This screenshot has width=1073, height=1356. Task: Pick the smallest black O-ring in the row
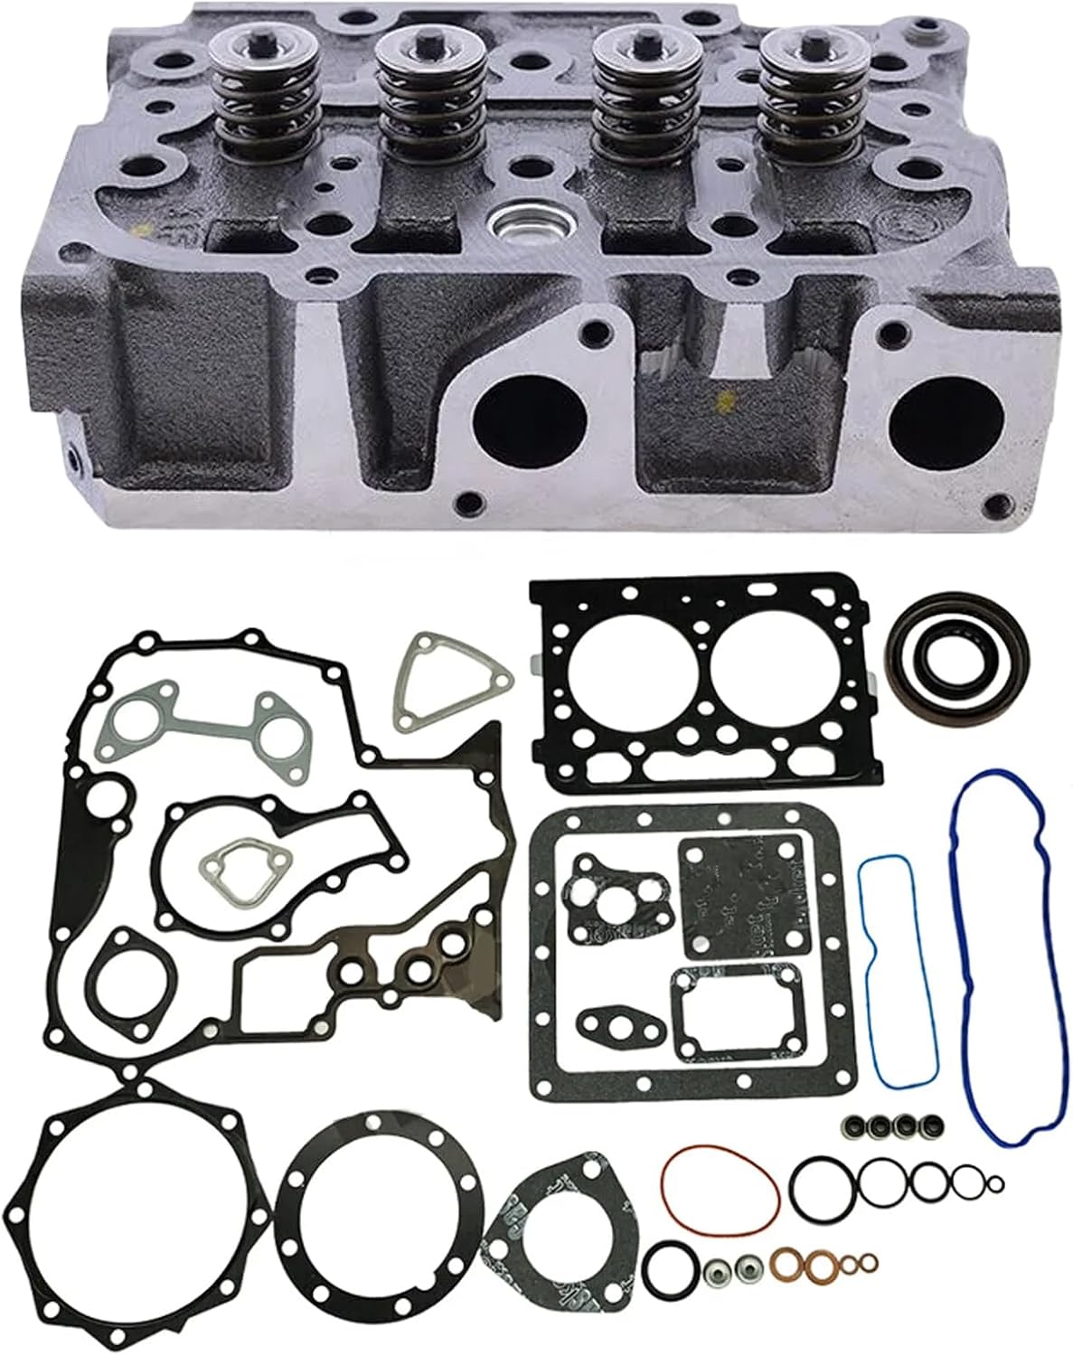click(995, 1184)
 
